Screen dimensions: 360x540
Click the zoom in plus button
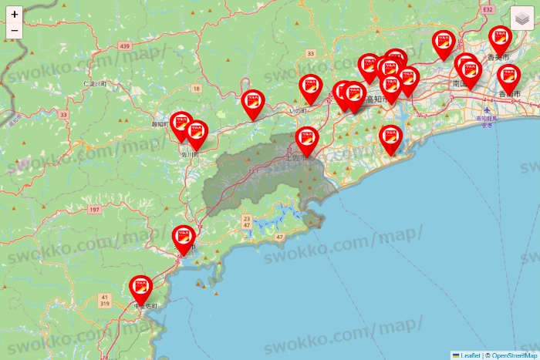15,14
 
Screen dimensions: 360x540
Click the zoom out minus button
15,31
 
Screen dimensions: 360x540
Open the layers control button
522,19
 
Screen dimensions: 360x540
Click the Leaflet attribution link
469,355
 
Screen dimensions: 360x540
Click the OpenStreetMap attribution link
515,355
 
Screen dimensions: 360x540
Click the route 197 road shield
95,210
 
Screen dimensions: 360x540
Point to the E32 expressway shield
488,8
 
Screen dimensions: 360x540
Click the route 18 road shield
197,89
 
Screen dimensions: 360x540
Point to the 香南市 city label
509,93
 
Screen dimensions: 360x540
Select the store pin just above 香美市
500,40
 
